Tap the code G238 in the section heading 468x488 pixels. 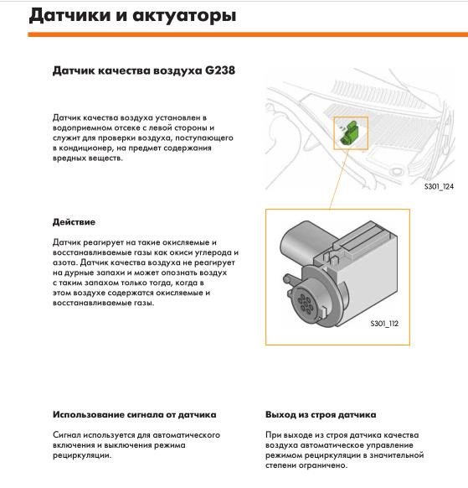(219, 71)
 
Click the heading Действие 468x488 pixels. (74, 222)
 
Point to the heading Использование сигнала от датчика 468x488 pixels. (134, 414)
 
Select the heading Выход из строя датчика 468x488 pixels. (321, 414)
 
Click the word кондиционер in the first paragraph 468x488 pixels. (84, 148)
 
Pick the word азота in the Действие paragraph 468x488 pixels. (64, 262)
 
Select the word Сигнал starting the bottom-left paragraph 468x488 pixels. (68, 435)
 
